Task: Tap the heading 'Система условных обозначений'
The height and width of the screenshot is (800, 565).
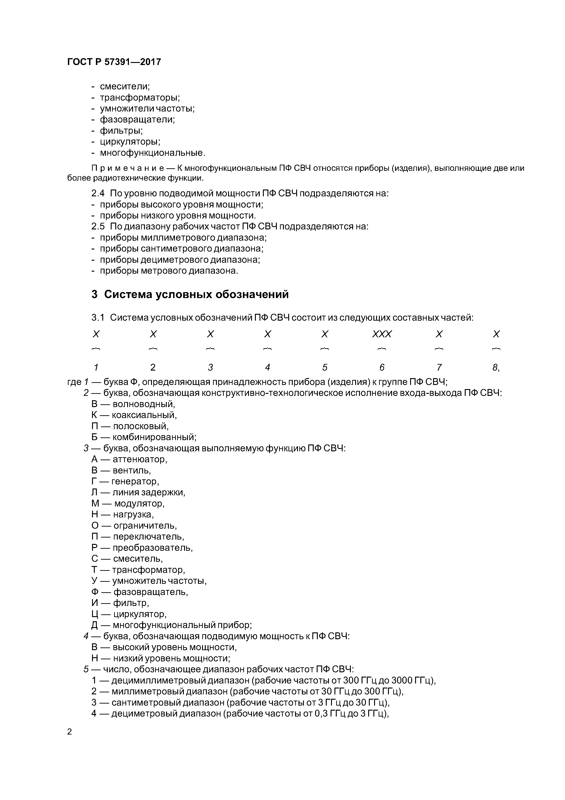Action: (x=196, y=294)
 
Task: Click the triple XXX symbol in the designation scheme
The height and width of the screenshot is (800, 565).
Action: (x=382, y=334)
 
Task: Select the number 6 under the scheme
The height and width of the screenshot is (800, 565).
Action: (x=382, y=367)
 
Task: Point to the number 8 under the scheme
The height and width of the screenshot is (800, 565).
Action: (x=495, y=367)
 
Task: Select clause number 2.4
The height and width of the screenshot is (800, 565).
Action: (x=98, y=193)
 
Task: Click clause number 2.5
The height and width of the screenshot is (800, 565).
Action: (x=98, y=226)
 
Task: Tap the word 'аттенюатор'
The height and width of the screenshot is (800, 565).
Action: (x=140, y=459)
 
